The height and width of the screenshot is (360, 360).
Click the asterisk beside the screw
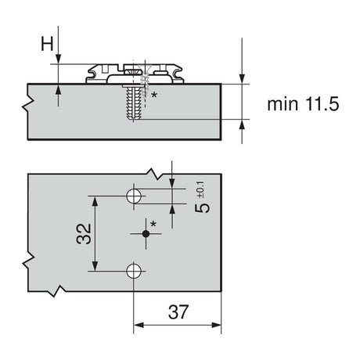coord(154,95)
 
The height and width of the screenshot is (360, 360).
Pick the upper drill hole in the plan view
coord(135,194)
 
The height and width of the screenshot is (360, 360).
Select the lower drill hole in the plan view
coord(135,270)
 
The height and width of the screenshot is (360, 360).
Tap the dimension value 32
coord(84,232)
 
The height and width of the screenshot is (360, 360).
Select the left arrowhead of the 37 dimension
coord(139,327)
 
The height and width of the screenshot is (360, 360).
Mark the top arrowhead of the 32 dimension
coord(97,199)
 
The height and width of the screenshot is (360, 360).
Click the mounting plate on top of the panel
coord(133,73)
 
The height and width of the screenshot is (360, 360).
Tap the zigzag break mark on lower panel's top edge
coord(168,170)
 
